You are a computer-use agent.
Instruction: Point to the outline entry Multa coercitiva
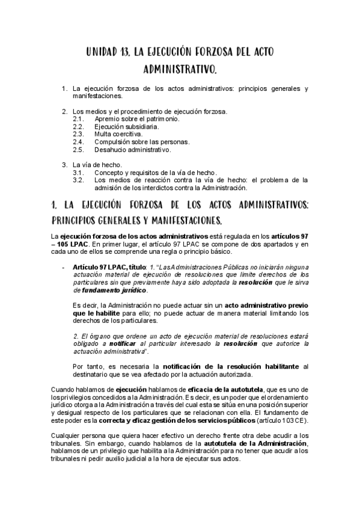pos(118,134)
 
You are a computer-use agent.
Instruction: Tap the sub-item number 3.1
pos(78,172)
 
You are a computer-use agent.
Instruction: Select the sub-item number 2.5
pos(78,149)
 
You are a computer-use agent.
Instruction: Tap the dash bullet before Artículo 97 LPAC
pos(64,267)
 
